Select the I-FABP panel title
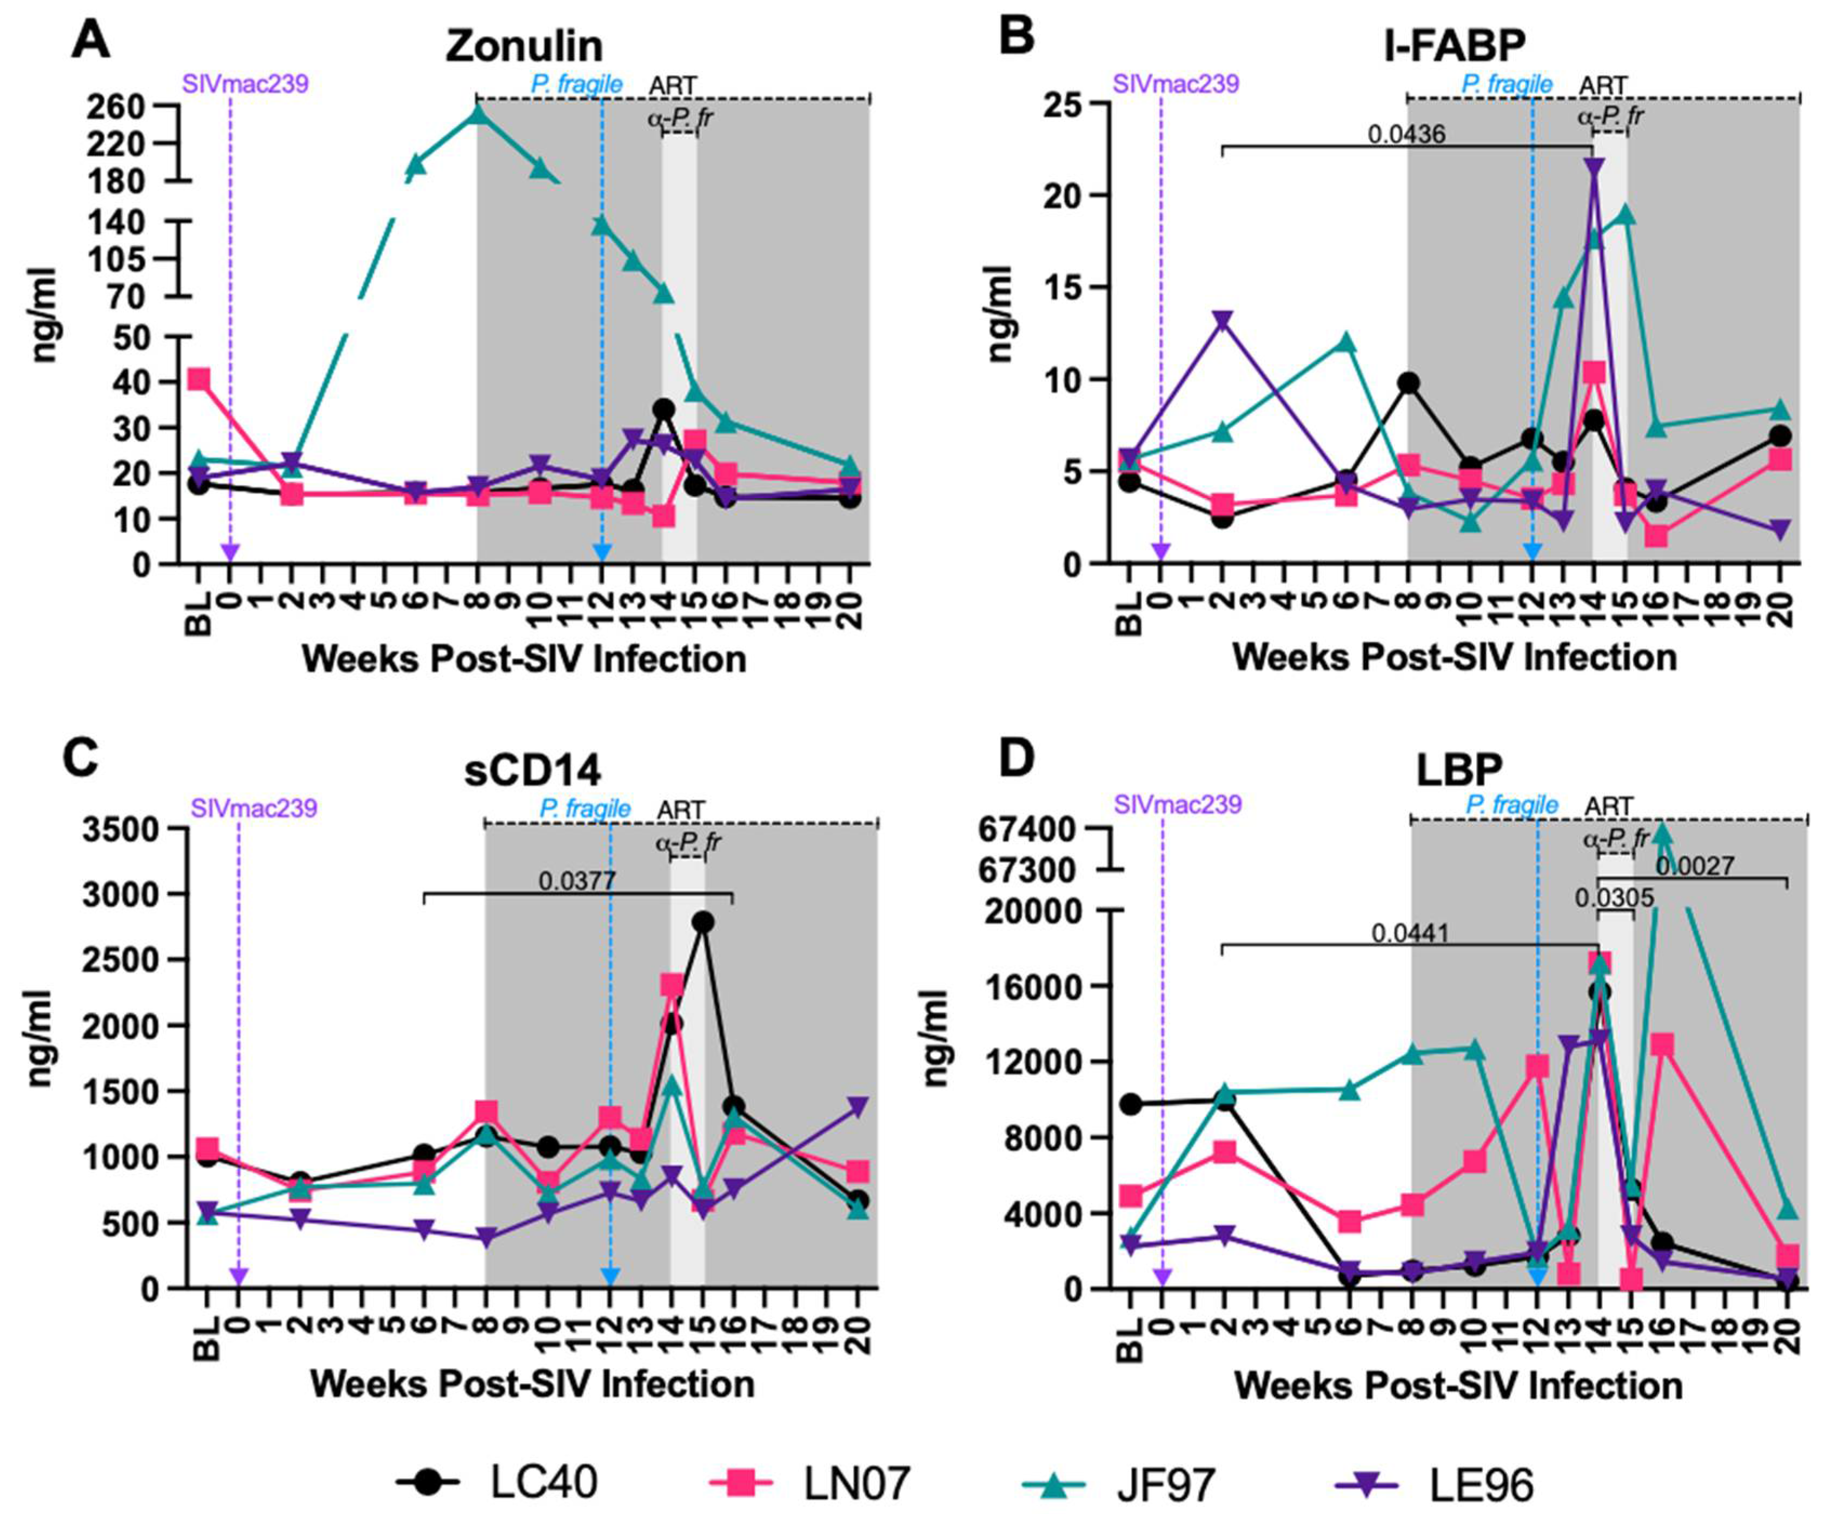[1454, 46]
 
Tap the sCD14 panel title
[533, 772]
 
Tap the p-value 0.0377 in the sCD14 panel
[577, 880]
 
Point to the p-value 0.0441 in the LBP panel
[1410, 933]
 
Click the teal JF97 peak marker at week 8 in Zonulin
[478, 114]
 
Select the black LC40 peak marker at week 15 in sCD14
[703, 922]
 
